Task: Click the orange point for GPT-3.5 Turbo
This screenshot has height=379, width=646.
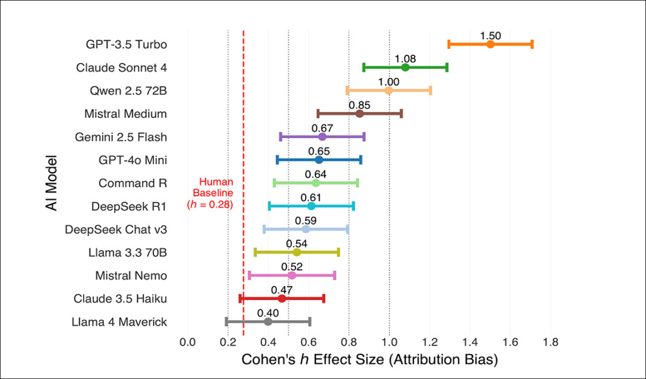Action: [490, 44]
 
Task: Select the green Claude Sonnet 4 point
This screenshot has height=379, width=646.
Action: [405, 67]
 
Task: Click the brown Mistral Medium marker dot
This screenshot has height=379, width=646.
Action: [360, 113]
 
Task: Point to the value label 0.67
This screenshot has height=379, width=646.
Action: [322, 128]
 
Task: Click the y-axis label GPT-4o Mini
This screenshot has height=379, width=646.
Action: [133, 160]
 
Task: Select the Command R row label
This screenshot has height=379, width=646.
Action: [133, 183]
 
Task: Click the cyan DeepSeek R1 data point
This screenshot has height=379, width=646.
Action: [311, 206]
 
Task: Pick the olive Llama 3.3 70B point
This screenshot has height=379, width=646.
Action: [297, 252]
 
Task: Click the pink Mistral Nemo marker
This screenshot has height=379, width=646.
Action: [292, 275]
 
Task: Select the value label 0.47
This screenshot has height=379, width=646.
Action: [282, 290]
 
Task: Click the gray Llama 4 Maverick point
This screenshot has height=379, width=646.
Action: [268, 321]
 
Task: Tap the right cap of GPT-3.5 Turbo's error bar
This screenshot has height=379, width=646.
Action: [532, 44]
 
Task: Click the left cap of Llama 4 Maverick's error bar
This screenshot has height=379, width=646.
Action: [227, 321]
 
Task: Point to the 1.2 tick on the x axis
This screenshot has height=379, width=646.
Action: [430, 342]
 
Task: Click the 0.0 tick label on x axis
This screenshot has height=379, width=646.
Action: [188, 342]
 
